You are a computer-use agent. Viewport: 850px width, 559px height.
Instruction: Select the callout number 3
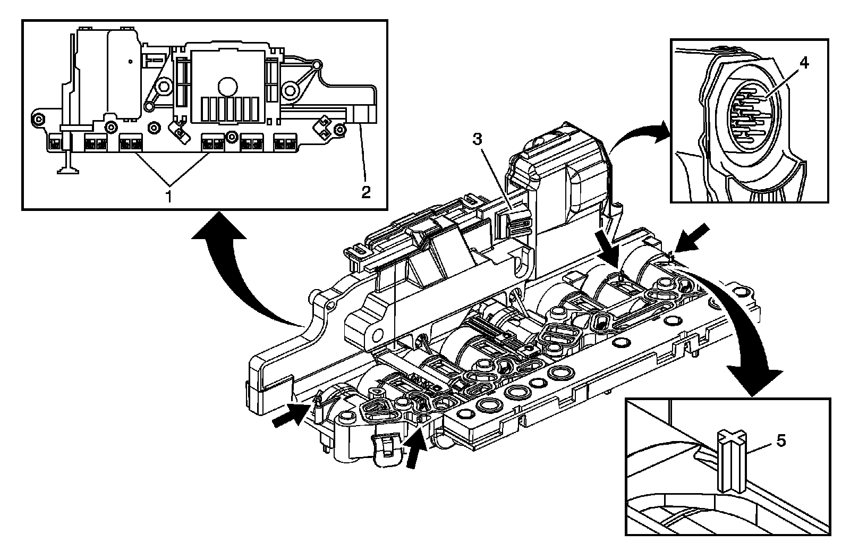477,139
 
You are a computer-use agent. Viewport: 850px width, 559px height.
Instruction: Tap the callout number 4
804,63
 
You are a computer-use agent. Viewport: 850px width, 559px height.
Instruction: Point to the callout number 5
779,441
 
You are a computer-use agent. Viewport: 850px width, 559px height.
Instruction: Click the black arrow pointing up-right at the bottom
415,450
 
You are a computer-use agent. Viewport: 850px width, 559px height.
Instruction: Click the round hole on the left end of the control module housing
378,335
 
